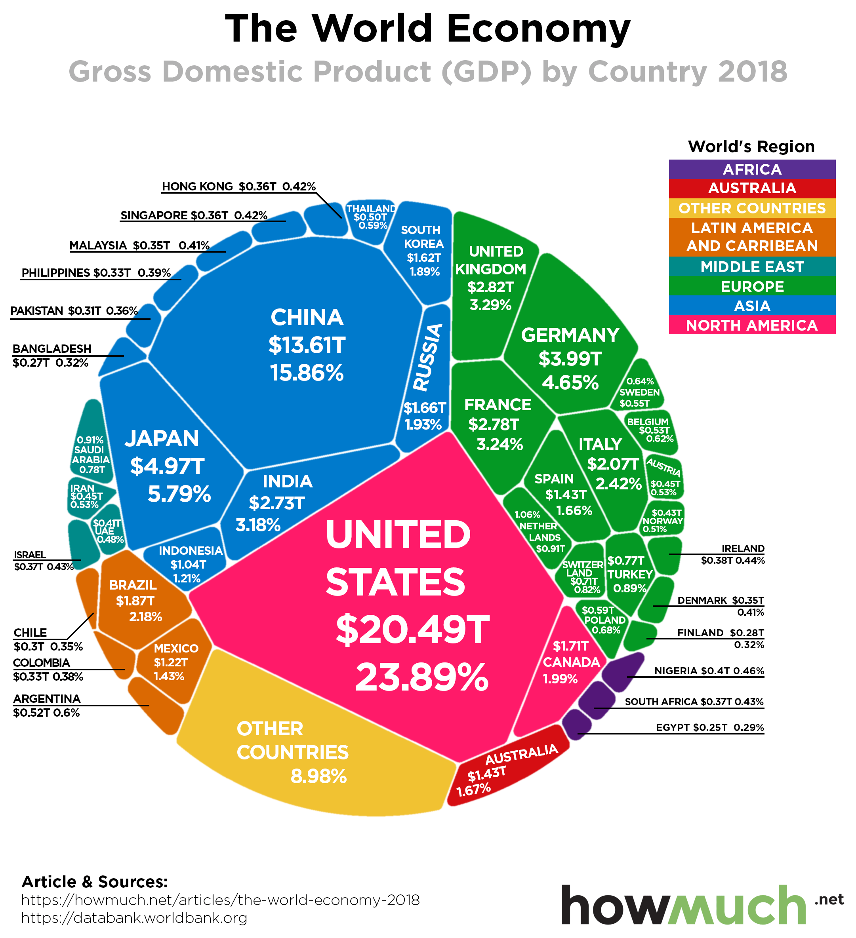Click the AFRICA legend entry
point(752,169)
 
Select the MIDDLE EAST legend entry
point(752,266)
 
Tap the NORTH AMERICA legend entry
point(752,325)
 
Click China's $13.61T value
point(307,345)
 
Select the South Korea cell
point(422,251)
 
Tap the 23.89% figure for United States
point(422,678)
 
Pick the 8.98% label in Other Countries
point(319,776)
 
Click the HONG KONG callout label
point(238,186)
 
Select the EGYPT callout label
point(709,727)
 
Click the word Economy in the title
point(538,29)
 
